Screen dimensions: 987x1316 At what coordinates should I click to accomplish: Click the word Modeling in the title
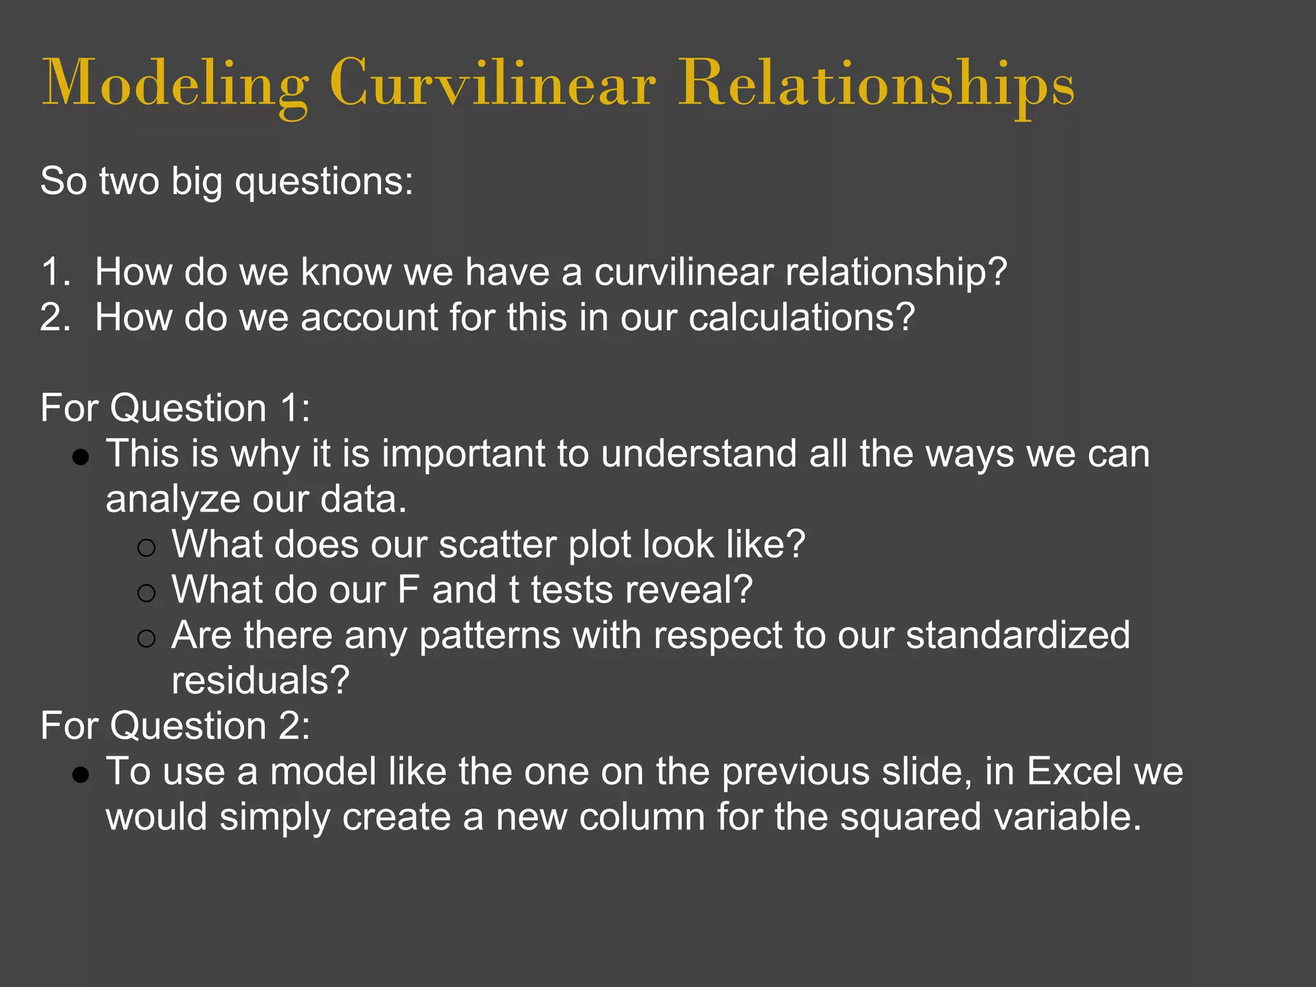(175, 84)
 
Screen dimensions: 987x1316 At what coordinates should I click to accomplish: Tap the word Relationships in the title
(876, 84)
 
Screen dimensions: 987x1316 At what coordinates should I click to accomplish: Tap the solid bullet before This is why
(81, 457)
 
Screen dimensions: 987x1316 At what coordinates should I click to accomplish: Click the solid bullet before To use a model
(81, 775)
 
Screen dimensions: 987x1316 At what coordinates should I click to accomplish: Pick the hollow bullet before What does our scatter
(147, 547)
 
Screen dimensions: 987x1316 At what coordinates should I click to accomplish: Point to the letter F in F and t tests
(408, 590)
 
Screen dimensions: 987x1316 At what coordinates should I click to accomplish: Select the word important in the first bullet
(463, 454)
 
